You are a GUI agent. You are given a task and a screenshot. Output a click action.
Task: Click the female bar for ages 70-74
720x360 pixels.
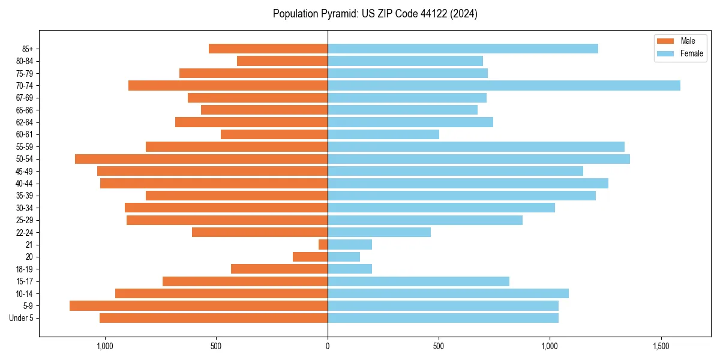pos(504,85)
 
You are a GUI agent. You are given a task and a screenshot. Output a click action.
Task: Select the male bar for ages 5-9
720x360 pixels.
pos(199,305)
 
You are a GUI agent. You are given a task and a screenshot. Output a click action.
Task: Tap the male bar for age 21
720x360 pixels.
pos(323,244)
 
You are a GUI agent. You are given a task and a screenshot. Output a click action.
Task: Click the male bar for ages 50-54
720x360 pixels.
pos(202,159)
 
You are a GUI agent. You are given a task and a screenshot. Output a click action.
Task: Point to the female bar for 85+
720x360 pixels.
pos(463,49)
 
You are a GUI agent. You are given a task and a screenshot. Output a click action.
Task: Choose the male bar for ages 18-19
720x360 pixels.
pos(280,269)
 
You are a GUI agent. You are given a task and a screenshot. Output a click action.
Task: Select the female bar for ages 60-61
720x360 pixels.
pos(383,134)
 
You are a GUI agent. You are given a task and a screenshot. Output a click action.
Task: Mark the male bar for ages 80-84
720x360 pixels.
pos(283,61)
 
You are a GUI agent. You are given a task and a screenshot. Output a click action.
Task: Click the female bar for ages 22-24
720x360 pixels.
pos(379,232)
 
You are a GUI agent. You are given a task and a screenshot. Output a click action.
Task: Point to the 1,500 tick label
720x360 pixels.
pos(661,346)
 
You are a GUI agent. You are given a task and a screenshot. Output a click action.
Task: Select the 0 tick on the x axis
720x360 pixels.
pos(328,346)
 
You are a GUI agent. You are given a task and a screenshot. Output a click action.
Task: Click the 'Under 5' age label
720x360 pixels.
pos(21,318)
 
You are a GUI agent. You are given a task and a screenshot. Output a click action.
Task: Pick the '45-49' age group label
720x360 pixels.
pos(25,171)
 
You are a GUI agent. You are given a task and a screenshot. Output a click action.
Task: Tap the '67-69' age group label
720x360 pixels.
pos(25,98)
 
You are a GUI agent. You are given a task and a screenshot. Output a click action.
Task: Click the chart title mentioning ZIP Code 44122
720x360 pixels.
pos(375,14)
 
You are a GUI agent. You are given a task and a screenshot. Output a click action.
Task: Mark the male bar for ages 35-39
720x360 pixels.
pos(236,196)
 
